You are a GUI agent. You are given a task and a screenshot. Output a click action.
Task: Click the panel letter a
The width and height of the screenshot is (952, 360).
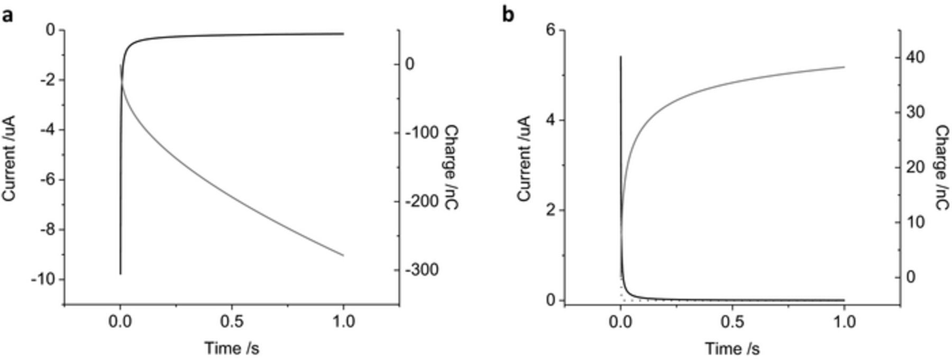(7, 16)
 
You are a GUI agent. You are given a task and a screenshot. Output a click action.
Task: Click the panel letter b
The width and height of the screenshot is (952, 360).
(508, 16)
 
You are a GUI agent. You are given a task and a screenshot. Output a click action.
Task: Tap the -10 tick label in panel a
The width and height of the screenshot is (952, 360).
(43, 279)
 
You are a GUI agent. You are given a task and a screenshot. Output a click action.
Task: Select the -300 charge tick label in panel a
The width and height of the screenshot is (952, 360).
(422, 270)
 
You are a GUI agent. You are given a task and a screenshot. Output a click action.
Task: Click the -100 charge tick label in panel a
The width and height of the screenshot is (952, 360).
(422, 132)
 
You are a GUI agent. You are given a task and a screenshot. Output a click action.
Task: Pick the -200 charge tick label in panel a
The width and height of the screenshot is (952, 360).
(422, 201)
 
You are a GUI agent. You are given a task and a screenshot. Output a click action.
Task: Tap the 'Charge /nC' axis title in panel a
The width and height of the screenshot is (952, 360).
(451, 167)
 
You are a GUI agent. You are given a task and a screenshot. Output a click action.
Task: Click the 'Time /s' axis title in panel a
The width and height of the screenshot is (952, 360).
(232, 348)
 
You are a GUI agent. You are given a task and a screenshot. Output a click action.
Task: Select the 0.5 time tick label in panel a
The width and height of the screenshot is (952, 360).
(232, 321)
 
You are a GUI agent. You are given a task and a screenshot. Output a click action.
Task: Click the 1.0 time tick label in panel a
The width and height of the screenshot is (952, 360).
(344, 321)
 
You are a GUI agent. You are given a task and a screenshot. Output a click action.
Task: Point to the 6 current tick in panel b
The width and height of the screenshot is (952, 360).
(551, 30)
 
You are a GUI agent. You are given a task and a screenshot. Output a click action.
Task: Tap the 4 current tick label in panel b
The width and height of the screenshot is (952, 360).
(551, 120)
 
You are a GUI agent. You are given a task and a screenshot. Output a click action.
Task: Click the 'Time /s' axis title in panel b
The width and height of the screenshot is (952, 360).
(732, 348)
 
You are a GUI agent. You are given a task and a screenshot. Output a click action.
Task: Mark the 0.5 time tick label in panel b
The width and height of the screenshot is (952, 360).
(732, 321)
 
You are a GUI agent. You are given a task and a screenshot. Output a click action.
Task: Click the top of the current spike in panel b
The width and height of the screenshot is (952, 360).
(620, 57)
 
